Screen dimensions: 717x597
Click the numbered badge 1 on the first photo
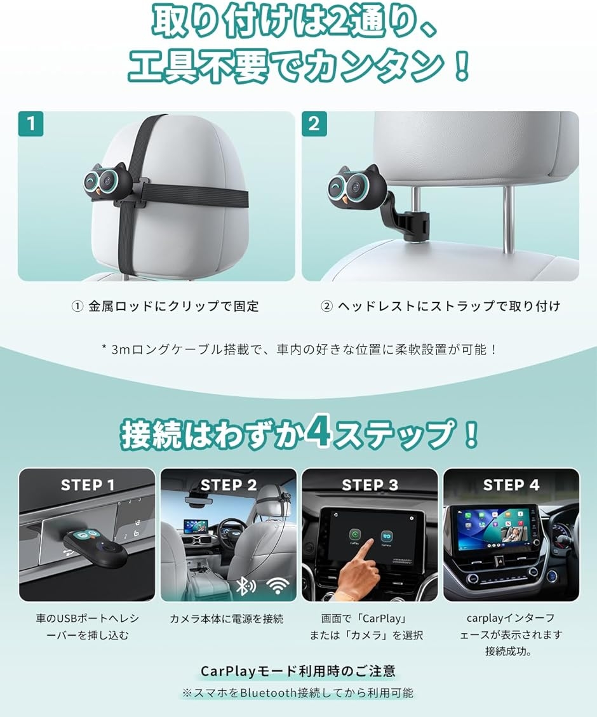pyautogui.click(x=31, y=124)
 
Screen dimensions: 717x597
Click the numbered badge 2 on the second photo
pyautogui.click(x=314, y=124)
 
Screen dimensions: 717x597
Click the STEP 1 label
pyautogui.click(x=88, y=486)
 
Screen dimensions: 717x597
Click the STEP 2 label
pyautogui.click(x=229, y=486)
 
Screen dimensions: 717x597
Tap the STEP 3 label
pyautogui.click(x=370, y=486)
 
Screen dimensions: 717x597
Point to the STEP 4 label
pyautogui.click(x=511, y=486)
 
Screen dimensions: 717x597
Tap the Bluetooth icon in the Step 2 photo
pyautogui.click(x=242, y=586)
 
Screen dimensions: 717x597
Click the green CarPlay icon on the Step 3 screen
pyautogui.click(x=354, y=535)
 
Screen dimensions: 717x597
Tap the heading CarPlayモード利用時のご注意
pyautogui.click(x=298, y=671)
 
